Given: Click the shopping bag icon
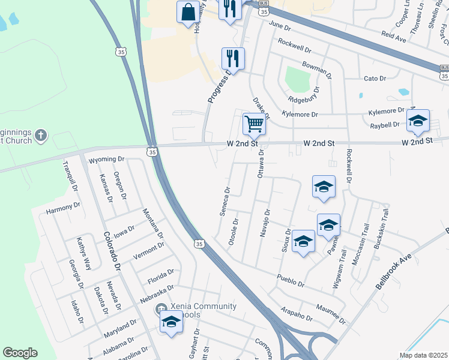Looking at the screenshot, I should tap(188, 12).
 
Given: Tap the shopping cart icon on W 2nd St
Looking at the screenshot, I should tap(254, 124).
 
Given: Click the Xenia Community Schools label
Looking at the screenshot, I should tap(203, 310).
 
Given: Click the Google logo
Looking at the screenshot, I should tap(20, 353).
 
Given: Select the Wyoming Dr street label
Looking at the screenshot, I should tap(106, 160).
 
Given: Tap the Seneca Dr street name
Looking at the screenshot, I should tap(225, 202).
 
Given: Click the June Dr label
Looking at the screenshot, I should tap(280, 26).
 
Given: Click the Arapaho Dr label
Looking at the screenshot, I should tap(297, 315).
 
